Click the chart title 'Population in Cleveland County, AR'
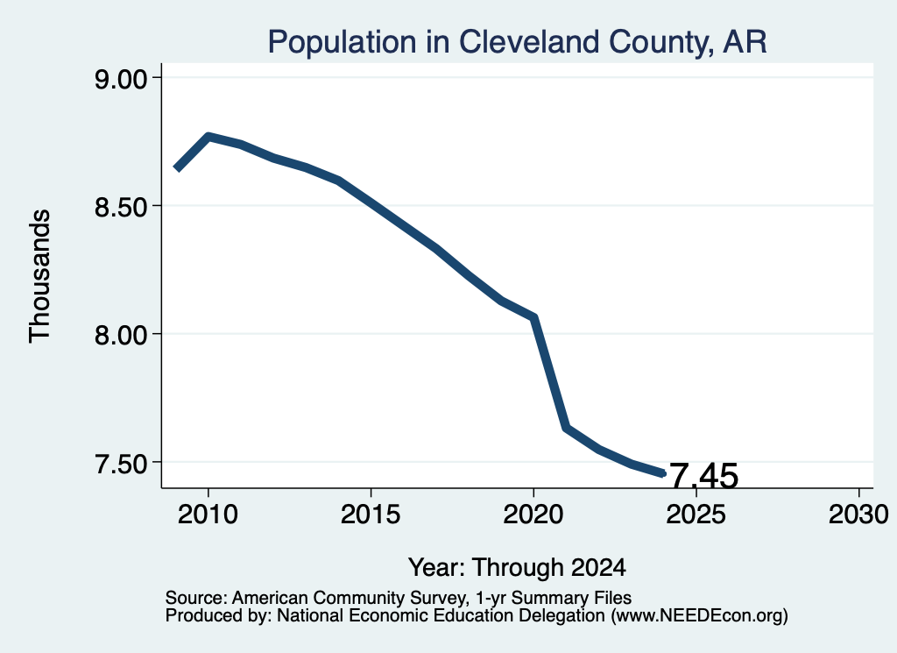pyautogui.click(x=517, y=42)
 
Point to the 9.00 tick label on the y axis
pyautogui.click(x=121, y=78)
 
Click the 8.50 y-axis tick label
pyautogui.click(x=121, y=207)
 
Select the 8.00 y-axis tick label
pyautogui.click(x=121, y=335)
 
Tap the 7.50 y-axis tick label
pyautogui.click(x=121, y=463)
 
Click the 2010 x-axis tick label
pyautogui.click(x=208, y=515)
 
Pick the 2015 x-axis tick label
pyautogui.click(x=371, y=515)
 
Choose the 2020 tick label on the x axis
pyautogui.click(x=533, y=515)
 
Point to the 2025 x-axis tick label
pyautogui.click(x=696, y=515)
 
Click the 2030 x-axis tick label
pyautogui.click(x=858, y=515)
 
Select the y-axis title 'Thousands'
pyautogui.click(x=40, y=276)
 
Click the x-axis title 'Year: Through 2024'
pyautogui.click(x=517, y=568)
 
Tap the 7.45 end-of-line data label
pyautogui.click(x=703, y=476)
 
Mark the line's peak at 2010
pyautogui.click(x=208, y=137)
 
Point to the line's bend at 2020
pyautogui.click(x=534, y=317)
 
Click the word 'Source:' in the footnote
pyautogui.click(x=196, y=598)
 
